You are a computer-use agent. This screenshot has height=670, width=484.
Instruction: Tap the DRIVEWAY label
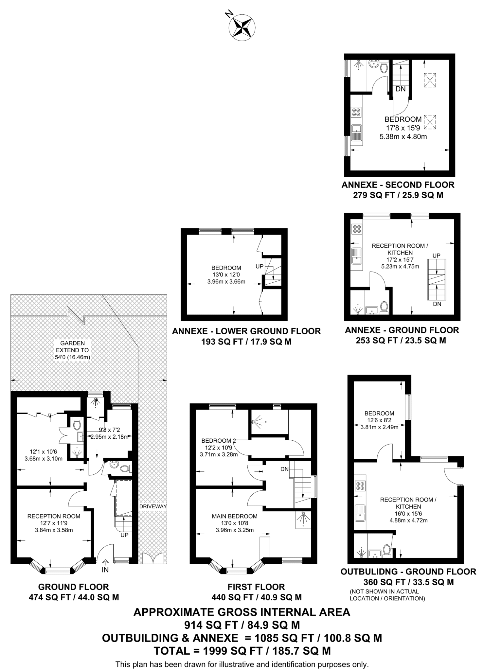pos(153,506)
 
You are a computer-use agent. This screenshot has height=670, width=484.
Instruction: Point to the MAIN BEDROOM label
pos(234,516)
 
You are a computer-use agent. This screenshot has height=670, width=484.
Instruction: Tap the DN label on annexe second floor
pos(400,89)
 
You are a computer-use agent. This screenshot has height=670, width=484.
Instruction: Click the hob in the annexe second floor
pos(356,112)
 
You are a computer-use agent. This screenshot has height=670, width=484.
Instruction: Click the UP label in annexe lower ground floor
pos(259,266)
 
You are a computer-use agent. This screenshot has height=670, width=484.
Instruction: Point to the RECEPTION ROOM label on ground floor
pos(54,516)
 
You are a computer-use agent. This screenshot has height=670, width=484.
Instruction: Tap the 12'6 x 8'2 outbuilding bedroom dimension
pos(379,420)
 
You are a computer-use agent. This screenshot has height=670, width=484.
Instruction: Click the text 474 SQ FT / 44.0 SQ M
pos(74,597)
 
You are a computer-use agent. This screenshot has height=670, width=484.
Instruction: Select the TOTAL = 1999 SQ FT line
pos(242,651)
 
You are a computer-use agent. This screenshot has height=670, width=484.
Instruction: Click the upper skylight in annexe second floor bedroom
pos(430,80)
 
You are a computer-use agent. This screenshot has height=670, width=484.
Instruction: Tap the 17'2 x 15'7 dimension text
pos(400,260)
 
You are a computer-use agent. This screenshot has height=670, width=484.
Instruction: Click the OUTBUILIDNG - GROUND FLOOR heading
pos(408,572)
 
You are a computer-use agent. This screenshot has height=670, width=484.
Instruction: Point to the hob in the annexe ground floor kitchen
pos(356,229)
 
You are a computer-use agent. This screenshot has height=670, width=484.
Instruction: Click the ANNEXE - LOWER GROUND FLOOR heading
pos(246,331)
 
